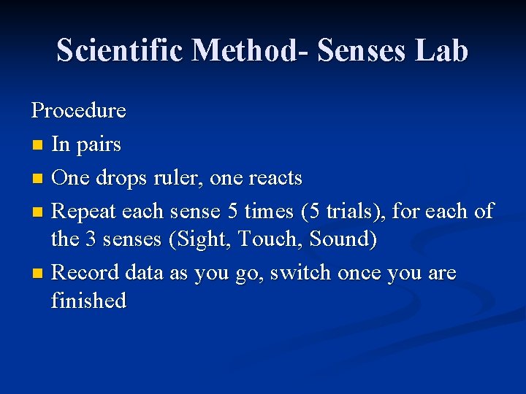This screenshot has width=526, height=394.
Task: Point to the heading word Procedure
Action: pos(78,111)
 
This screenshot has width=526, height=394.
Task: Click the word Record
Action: pos(85,273)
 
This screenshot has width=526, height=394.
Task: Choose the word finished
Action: pos(88,301)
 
